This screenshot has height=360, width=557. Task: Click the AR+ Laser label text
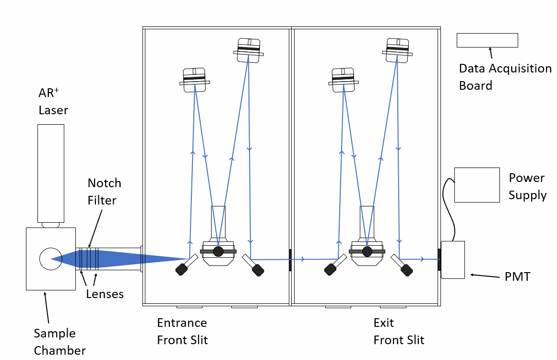coord(53,101)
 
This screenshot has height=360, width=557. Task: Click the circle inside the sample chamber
coord(50,259)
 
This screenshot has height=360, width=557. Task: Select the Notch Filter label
coord(104,191)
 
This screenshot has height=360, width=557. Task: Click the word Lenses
coord(105,294)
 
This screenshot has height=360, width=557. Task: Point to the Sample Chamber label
coord(59,341)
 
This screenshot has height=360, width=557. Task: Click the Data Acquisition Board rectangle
coord(487,40)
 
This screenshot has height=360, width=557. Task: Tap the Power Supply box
coord(477,185)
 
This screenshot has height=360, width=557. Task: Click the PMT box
coord(452,260)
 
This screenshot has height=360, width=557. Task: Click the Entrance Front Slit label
coord(182,331)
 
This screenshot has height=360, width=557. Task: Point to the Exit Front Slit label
coord(399,331)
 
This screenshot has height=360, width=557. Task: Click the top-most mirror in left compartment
coord(249,50)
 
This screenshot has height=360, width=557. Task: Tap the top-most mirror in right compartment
coord(397,50)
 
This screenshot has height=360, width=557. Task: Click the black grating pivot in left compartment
coord(218,251)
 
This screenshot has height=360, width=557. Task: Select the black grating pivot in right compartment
coord(367,251)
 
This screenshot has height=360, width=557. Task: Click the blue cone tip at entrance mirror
coord(185,259)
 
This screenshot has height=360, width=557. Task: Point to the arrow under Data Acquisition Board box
coord(491,53)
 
